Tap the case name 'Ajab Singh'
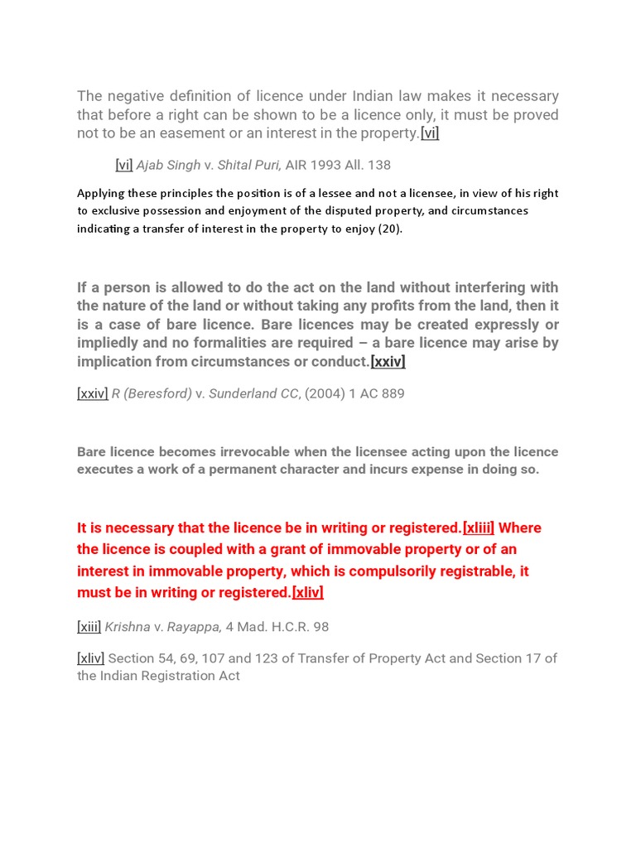(168, 165)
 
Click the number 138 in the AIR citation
(379, 165)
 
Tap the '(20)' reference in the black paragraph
(389, 229)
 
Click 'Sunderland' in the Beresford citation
(253, 393)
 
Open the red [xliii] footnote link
(479, 528)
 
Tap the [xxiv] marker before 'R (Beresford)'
(92, 393)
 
